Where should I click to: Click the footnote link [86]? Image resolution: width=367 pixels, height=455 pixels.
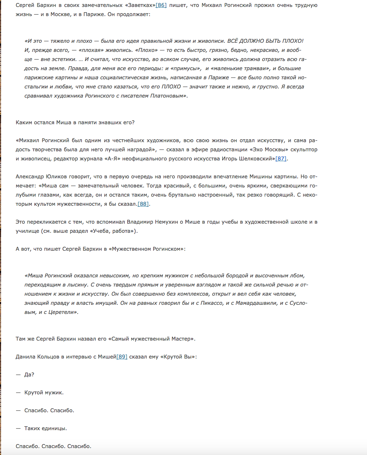click(x=161, y=5)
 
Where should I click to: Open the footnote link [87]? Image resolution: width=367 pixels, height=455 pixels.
click(x=281, y=159)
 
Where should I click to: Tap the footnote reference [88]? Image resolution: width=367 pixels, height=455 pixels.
click(x=143, y=204)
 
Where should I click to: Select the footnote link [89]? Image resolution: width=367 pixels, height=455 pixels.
click(x=122, y=357)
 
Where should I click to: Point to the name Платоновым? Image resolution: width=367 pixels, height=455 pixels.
click(x=168, y=96)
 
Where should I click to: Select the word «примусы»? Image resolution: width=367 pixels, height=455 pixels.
click(x=186, y=68)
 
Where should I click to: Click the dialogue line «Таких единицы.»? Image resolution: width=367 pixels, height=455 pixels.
click(x=45, y=428)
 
